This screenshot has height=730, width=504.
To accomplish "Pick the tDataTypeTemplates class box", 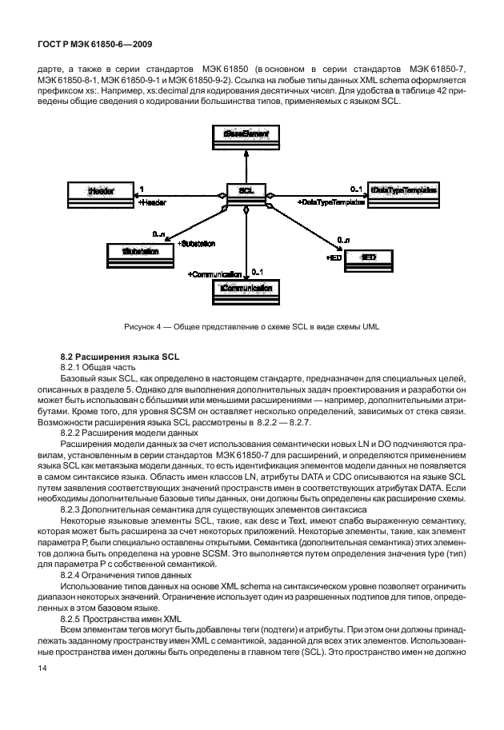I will point(403,192).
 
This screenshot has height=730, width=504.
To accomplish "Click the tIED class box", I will point(368,259).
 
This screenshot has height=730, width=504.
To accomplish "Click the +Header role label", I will point(152,204).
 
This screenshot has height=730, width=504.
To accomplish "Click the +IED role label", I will point(334,258).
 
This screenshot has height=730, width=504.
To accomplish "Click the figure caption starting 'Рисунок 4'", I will point(252,326).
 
